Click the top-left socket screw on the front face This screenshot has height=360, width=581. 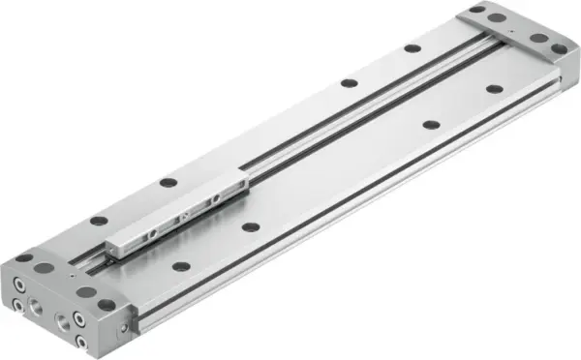click(19, 285)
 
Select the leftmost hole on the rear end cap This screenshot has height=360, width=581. click(477, 10)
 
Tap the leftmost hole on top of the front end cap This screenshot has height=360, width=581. click(23, 258)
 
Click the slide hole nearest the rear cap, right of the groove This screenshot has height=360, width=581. click(494, 89)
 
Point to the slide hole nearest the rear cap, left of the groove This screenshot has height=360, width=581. click(413, 47)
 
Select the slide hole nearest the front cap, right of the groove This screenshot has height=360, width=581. click(181, 266)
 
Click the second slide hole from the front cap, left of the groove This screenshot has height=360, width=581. click(168, 182)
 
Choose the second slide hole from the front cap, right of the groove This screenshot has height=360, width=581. click(250, 227)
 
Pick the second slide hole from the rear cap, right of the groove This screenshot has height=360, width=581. click(429, 125)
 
